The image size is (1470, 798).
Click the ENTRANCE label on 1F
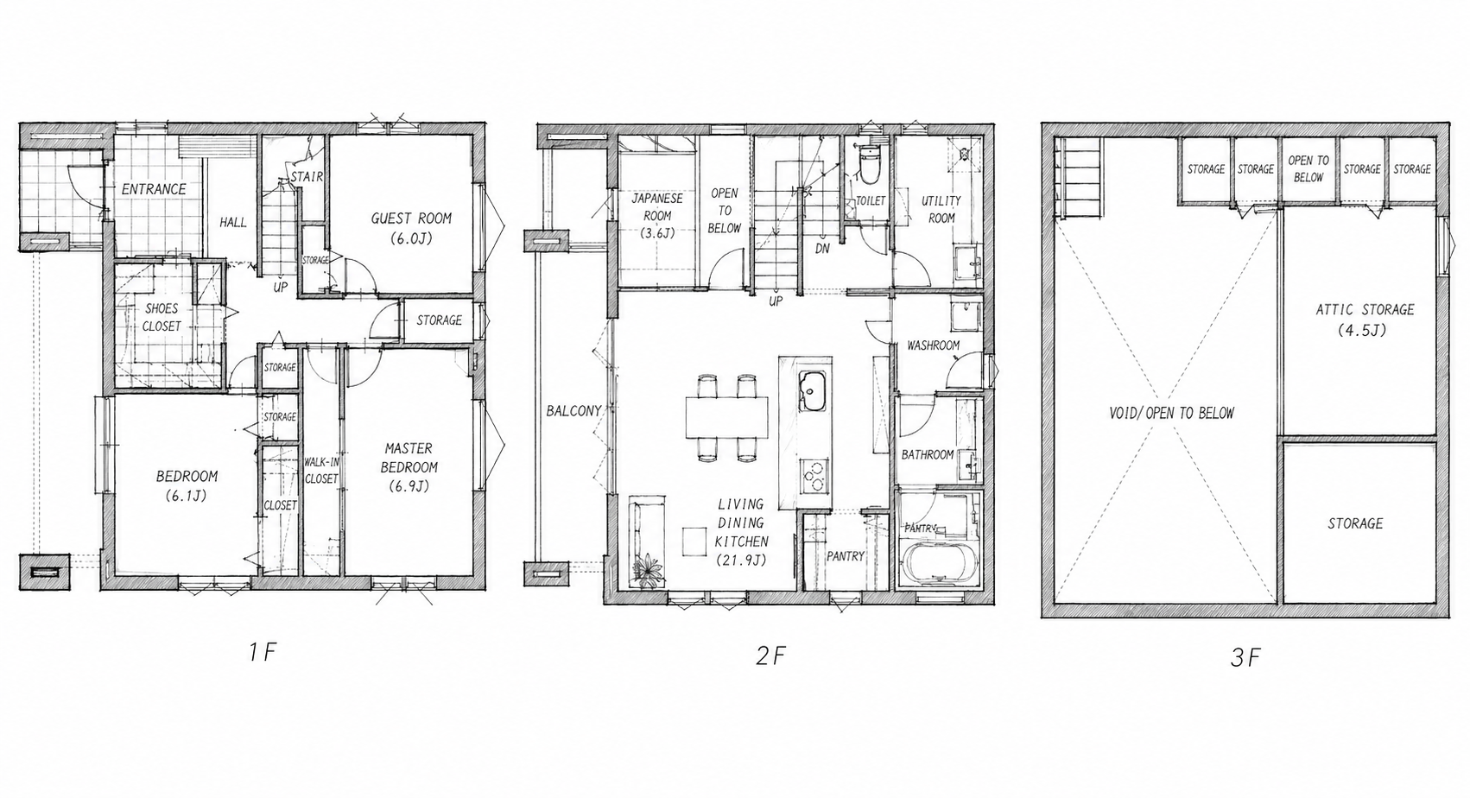pos(154,189)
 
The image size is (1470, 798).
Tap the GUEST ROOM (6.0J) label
pos(411,228)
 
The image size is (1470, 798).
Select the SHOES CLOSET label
pos(162,317)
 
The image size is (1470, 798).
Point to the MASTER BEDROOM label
pos(409,458)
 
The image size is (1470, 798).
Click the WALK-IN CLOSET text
pos(321,471)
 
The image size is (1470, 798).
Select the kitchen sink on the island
pos(814,391)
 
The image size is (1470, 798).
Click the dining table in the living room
pos(727,417)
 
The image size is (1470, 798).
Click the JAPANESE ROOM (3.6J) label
pos(657,215)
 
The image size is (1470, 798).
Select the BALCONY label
pos(573,411)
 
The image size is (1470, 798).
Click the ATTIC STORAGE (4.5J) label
pos(1364,320)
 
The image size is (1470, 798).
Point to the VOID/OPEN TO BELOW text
pos(1171,414)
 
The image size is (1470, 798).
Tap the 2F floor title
pos(770,655)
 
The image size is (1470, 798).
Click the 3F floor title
pos(1245,658)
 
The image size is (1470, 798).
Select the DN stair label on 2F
pos(822,249)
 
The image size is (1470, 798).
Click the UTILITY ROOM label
pos(941,209)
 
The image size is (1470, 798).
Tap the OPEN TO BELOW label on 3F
pos(1308,168)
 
